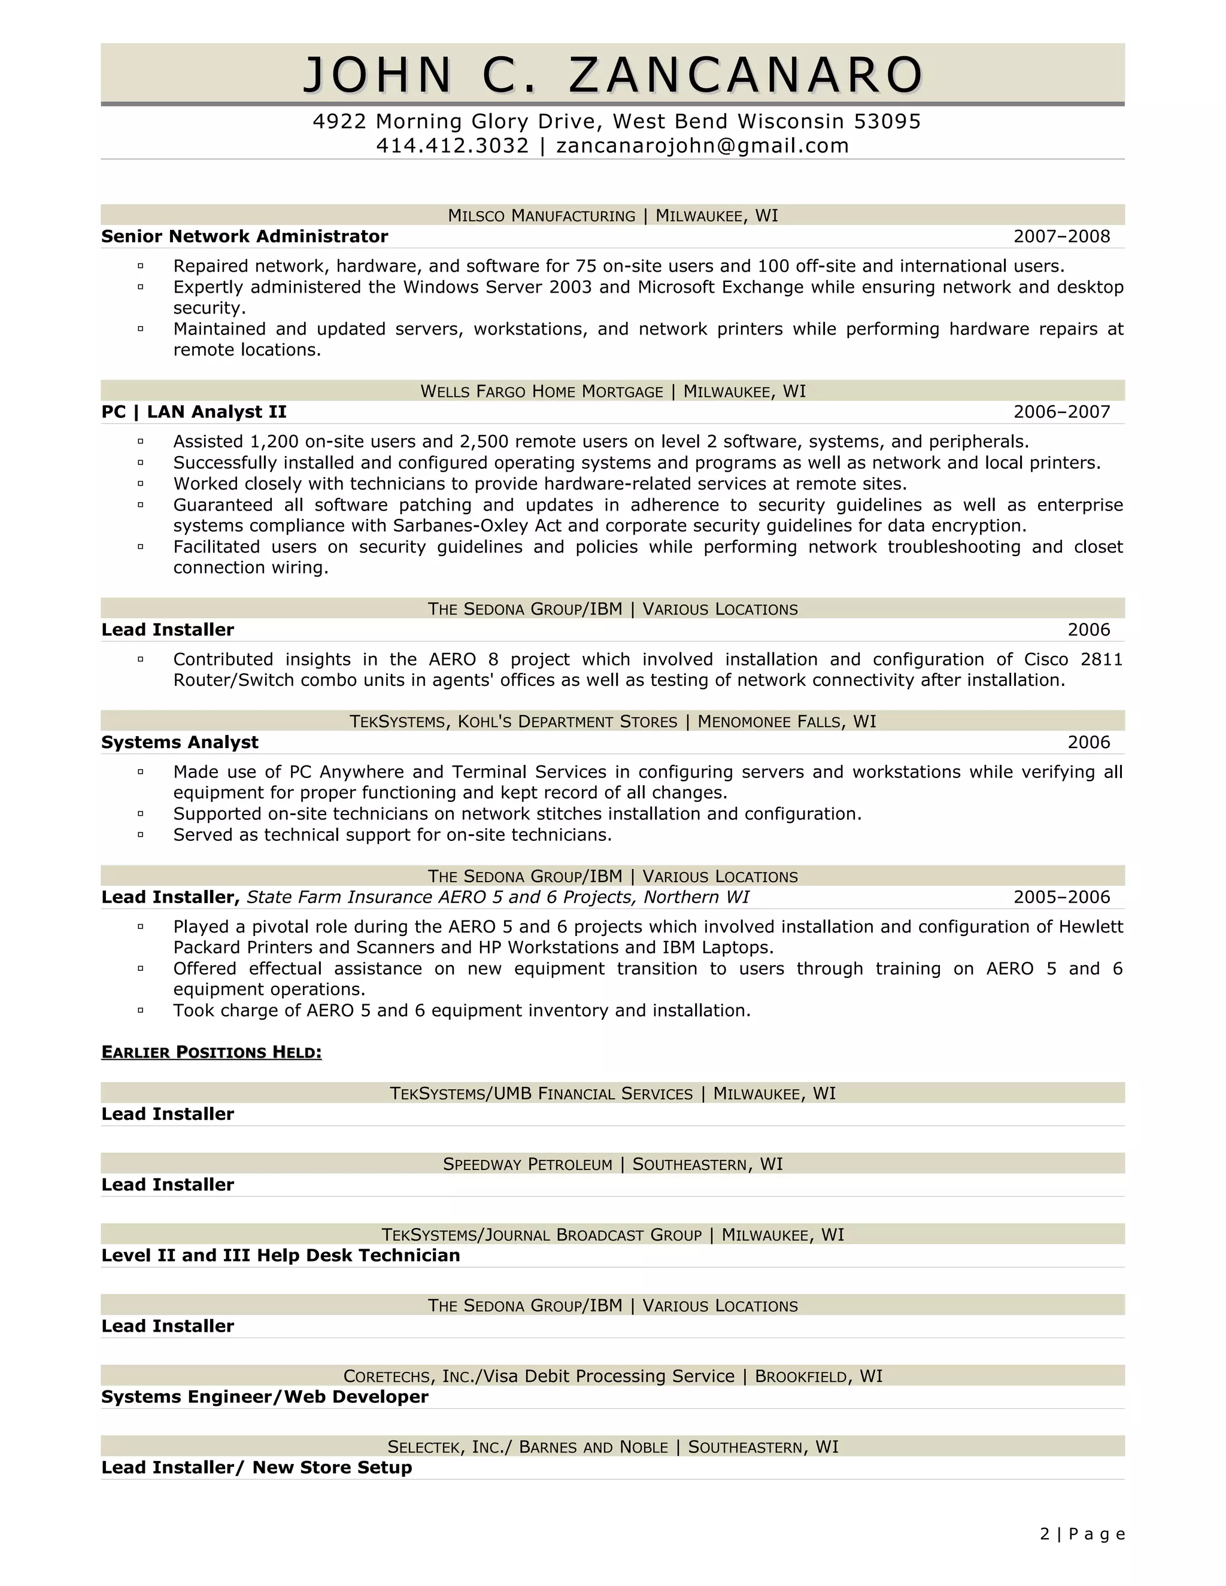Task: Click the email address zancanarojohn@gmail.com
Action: pyautogui.click(x=702, y=146)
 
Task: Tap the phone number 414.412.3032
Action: pyautogui.click(x=453, y=146)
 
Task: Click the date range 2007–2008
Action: pyautogui.click(x=1061, y=237)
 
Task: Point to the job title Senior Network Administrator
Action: pyautogui.click(x=245, y=237)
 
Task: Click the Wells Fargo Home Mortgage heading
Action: pyautogui.click(x=541, y=391)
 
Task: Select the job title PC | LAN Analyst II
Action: pyautogui.click(x=194, y=412)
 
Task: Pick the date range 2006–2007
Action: pyautogui.click(x=1061, y=412)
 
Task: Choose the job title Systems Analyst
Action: pyautogui.click(x=180, y=742)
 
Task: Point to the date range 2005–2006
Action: pyautogui.click(x=1061, y=898)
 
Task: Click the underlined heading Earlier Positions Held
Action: pyautogui.click(x=211, y=1052)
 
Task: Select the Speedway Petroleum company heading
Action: pyautogui.click(x=527, y=1165)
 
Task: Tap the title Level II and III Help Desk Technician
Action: pyautogui.click(x=280, y=1256)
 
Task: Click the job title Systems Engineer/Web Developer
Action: pyautogui.click(x=265, y=1397)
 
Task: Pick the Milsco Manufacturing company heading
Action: pyautogui.click(x=541, y=215)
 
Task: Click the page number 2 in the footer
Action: pyautogui.click(x=1045, y=1535)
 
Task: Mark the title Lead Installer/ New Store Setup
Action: pyautogui.click(x=256, y=1467)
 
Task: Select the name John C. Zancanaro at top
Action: pyautogui.click(x=612, y=75)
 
